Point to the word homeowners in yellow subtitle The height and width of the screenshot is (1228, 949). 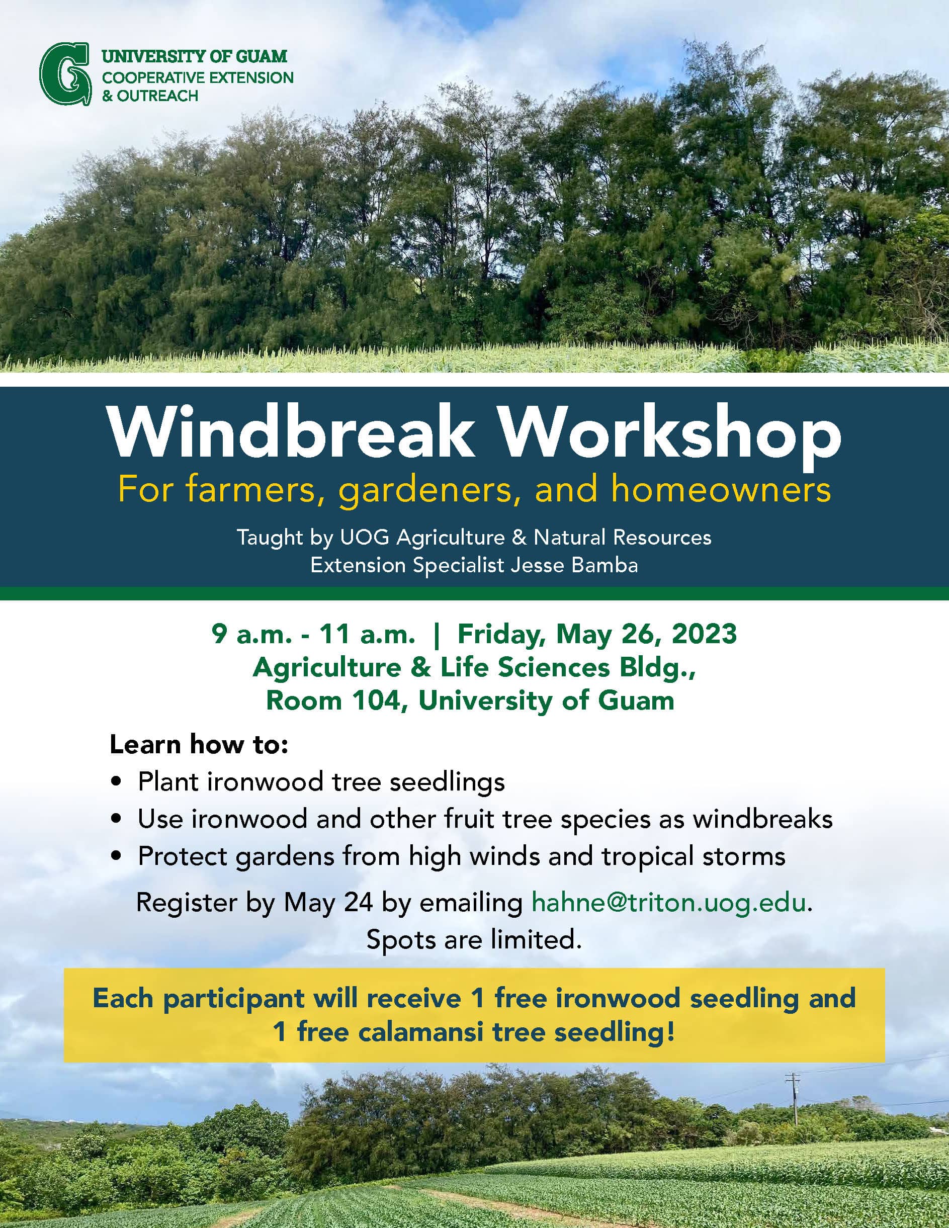pos(721,490)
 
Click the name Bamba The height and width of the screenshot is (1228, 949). pos(605,565)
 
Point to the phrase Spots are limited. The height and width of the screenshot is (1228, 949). pos(473,939)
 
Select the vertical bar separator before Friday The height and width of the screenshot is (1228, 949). pos(436,634)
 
